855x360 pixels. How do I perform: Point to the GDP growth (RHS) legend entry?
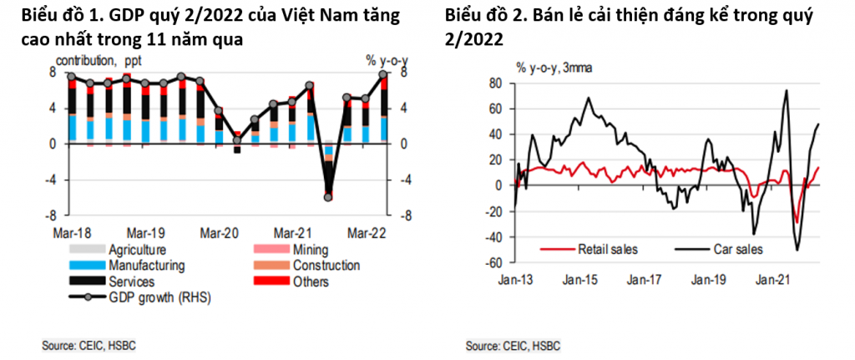point(151,298)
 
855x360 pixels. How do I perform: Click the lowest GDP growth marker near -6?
point(328,197)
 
